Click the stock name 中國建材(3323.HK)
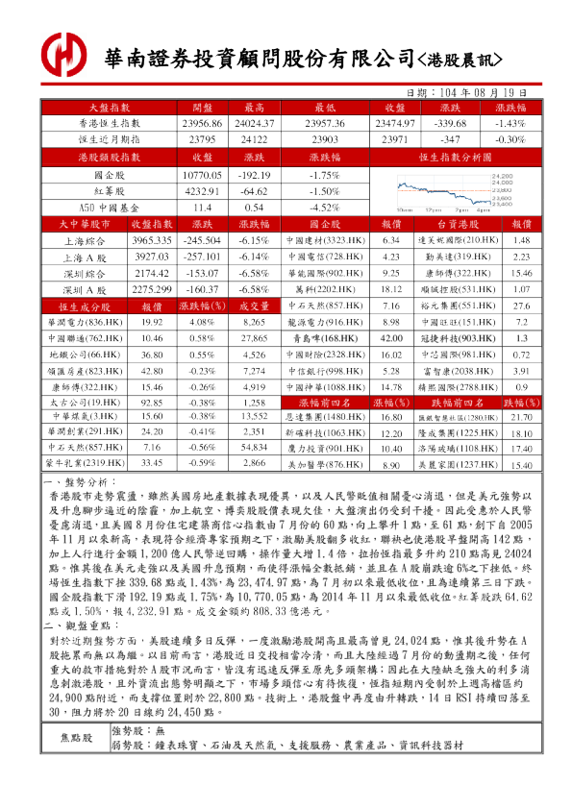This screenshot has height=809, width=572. pos(323,239)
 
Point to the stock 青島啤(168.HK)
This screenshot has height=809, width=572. pos(323,339)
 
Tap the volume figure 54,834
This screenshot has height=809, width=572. pos(255,447)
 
